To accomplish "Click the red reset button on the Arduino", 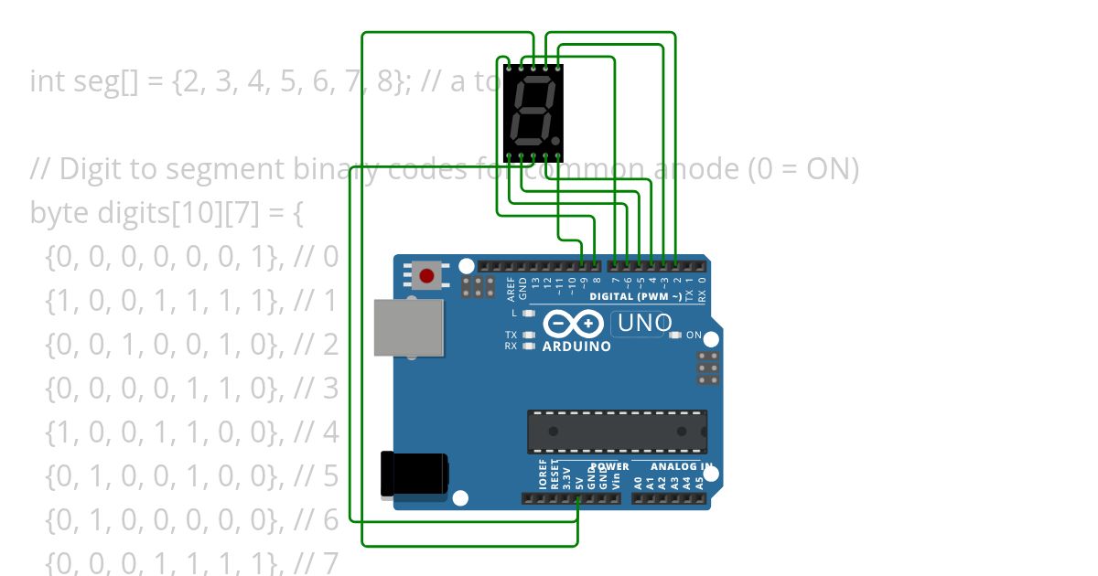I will click(425, 275).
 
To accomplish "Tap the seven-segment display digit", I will click(532, 112).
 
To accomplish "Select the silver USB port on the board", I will click(409, 327).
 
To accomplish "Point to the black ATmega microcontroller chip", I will click(617, 432).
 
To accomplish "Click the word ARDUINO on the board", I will click(576, 347).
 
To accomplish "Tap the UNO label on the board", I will click(645, 323).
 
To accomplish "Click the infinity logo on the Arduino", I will click(573, 324).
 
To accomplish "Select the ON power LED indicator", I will click(675, 336).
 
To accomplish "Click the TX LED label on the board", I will click(511, 336).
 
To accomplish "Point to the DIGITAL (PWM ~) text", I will click(635, 297).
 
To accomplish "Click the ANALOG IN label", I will click(682, 466).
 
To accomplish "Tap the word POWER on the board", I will click(610, 466).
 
